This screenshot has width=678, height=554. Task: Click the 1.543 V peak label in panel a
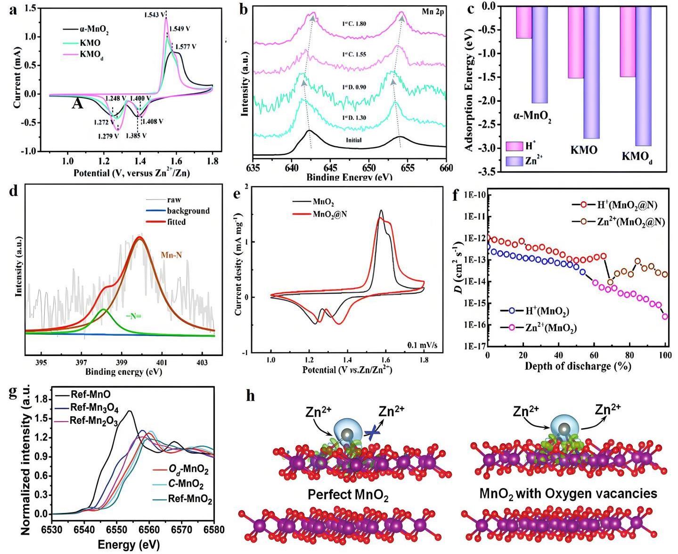155,15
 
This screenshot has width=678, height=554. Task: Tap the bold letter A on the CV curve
78,104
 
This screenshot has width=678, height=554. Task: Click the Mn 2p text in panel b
432,12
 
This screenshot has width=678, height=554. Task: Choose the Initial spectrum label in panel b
353,140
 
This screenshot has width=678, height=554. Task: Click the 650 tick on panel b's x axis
369,168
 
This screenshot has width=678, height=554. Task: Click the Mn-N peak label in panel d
172,255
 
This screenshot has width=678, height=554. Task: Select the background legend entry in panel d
188,211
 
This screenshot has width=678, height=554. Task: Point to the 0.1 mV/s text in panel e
422,345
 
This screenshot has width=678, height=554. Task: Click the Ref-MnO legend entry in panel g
91,395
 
